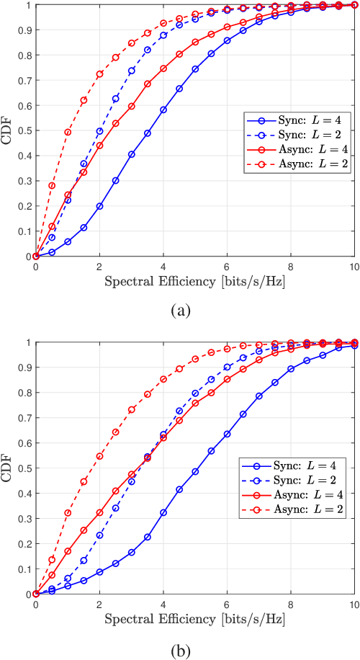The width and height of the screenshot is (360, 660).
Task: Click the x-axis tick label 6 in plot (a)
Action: tap(227, 267)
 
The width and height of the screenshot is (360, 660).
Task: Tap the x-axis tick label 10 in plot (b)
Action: tap(354, 605)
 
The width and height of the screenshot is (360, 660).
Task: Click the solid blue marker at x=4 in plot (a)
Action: tap(163, 110)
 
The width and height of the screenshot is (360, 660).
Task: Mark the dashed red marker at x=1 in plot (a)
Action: tap(68, 133)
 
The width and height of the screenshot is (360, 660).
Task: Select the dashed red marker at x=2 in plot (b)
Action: tap(99, 456)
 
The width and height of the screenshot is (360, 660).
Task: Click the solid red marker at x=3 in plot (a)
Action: tap(132, 106)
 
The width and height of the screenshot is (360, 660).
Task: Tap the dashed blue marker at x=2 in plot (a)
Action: tap(99, 131)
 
